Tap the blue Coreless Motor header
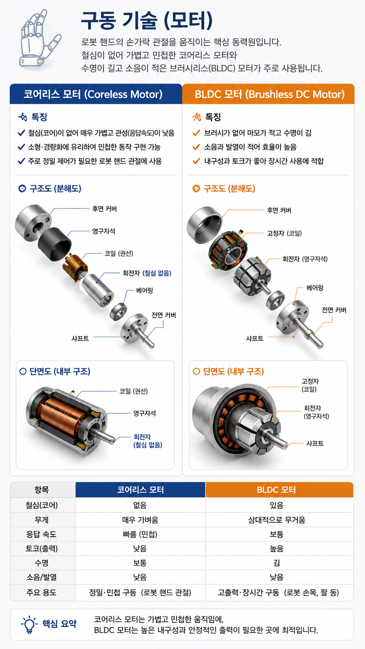[x=96, y=94]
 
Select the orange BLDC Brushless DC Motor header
[x=268, y=94]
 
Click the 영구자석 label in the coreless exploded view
[x=104, y=231]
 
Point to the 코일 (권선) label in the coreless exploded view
[x=119, y=253]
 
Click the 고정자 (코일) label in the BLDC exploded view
[x=284, y=233]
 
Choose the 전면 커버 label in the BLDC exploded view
[x=334, y=310]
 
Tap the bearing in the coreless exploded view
[x=118, y=312]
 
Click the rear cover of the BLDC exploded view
[x=204, y=225]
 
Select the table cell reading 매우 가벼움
[x=140, y=520]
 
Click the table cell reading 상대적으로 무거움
[x=277, y=520]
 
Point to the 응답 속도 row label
[x=42, y=534]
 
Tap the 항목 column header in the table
[x=42, y=490]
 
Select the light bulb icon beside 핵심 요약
[x=29, y=625]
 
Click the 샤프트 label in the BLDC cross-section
[x=315, y=443]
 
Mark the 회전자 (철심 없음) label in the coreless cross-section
[x=148, y=441]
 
